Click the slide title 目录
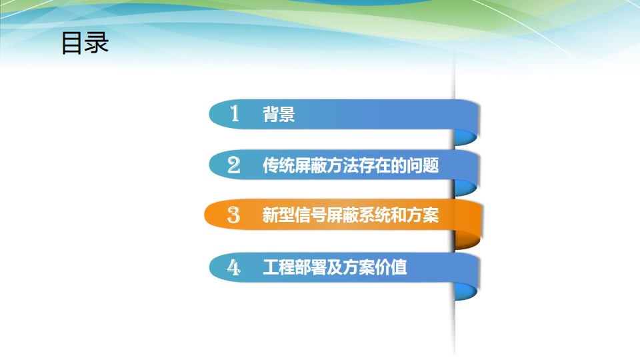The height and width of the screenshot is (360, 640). [x=85, y=43]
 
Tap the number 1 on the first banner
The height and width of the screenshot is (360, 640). [x=234, y=113]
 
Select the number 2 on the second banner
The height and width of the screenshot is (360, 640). [x=234, y=165]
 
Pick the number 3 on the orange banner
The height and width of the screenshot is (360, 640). [x=233, y=215]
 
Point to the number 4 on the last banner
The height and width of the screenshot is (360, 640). [x=233, y=267]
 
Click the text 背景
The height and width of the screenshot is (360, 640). [x=279, y=114]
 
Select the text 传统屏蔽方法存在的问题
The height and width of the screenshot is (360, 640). [x=351, y=165]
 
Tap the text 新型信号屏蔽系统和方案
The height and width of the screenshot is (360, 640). [x=351, y=215]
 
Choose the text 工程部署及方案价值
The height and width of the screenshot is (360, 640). [x=335, y=267]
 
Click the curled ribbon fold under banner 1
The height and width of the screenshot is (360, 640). [x=466, y=137]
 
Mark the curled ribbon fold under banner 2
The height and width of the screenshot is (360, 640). [x=466, y=188]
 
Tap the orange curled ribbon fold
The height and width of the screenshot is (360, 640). [x=468, y=239]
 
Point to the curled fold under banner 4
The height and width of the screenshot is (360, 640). [x=466, y=291]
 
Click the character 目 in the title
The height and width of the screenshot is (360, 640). [x=72, y=43]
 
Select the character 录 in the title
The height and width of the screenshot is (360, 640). [x=97, y=43]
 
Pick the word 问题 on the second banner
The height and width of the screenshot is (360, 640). [x=423, y=165]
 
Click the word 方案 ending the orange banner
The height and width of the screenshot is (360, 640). [x=423, y=215]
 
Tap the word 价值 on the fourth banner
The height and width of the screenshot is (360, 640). [x=391, y=267]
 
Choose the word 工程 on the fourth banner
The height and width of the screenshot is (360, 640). [x=279, y=267]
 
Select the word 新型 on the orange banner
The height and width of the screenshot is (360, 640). [x=279, y=215]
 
